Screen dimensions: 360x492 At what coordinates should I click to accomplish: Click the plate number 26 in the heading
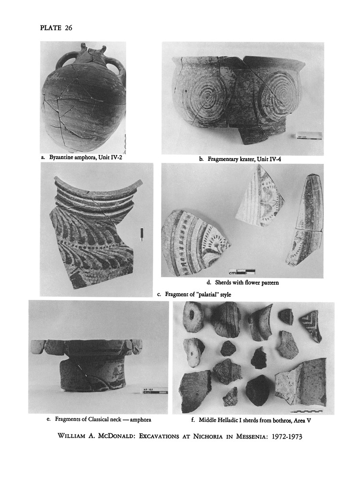click(x=68, y=28)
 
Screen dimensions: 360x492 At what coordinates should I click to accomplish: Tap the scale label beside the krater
click(x=309, y=136)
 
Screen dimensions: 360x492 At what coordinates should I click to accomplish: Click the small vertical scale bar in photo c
click(x=142, y=234)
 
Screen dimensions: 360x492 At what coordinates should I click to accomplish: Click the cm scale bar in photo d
click(x=242, y=272)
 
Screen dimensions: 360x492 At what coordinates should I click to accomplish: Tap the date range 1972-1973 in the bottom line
click(x=287, y=436)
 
